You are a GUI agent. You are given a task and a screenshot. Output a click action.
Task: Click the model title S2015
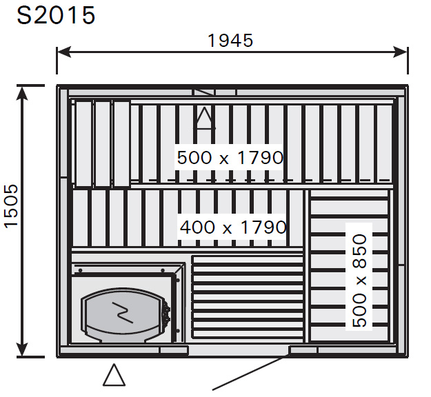point(56,15)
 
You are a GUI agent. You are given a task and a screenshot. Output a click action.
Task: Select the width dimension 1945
point(230,41)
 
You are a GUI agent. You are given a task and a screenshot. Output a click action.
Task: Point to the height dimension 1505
point(12,206)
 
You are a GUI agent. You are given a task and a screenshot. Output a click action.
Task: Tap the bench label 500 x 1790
point(230,158)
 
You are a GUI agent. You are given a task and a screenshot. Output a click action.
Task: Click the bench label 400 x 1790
point(233,227)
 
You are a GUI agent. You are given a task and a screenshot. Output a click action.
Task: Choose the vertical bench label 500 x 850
point(359,281)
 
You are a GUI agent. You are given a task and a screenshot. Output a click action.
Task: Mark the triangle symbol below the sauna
point(114,375)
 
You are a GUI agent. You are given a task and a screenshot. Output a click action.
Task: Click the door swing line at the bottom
point(251,372)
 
